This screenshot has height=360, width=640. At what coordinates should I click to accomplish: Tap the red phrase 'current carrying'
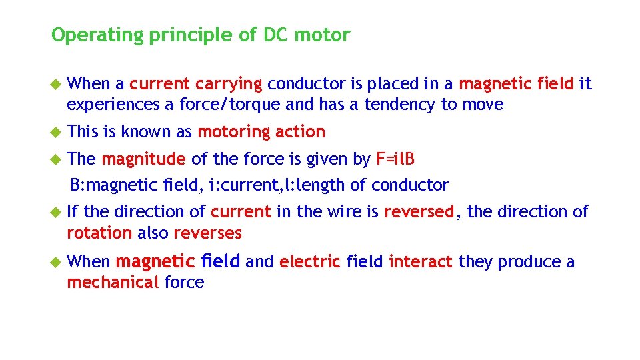pyautogui.click(x=196, y=84)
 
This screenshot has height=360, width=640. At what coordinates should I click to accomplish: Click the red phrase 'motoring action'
pyautogui.click(x=261, y=132)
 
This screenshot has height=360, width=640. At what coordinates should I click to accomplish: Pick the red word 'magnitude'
pyautogui.click(x=143, y=159)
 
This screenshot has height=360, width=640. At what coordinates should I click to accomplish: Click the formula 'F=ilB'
pyautogui.click(x=396, y=159)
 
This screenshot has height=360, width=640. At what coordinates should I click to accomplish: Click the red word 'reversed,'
pyautogui.click(x=419, y=212)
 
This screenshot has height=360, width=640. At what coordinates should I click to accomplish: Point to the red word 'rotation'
pyautogui.click(x=99, y=233)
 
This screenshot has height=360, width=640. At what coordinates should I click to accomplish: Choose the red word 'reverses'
pyautogui.click(x=207, y=233)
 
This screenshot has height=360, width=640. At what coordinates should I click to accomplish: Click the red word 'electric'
pyautogui.click(x=310, y=262)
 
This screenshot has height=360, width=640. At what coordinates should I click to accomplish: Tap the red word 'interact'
pyautogui.click(x=421, y=262)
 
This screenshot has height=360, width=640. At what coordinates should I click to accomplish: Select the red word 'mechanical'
pyautogui.click(x=113, y=283)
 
